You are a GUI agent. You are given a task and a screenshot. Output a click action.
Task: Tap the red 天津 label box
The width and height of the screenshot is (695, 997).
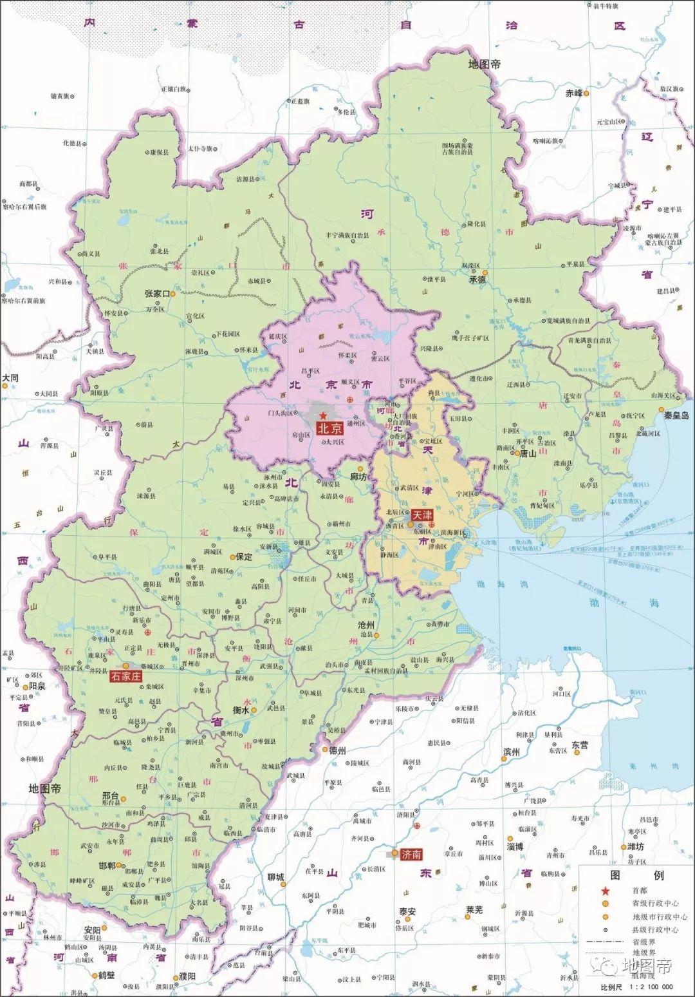pos(422,515)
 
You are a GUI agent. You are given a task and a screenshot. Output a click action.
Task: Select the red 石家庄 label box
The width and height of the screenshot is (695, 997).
pos(125,676)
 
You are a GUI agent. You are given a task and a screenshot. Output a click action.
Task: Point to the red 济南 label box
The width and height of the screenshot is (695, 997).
pos(411,855)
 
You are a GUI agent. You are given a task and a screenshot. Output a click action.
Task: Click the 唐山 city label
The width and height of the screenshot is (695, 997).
pos(528,453)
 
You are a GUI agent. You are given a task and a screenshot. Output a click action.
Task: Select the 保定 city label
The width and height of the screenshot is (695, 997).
pos(244,556)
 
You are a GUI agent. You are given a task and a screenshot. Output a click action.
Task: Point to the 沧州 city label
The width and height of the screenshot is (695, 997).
pos(367,625)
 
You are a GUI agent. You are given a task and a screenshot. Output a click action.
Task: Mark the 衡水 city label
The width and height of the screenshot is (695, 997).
pos(241,710)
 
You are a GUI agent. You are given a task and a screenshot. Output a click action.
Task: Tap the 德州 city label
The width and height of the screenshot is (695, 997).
pos(337,750)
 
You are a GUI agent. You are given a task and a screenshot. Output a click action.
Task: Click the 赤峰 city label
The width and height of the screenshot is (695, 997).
pos(573,93)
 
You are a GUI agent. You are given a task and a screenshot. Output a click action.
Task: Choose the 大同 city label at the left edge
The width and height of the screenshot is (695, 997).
pos(10,378)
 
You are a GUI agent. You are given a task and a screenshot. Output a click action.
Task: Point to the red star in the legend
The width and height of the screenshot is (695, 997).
pos(605,891)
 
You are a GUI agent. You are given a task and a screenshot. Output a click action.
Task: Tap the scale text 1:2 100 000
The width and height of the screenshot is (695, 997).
pos(650,987)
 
